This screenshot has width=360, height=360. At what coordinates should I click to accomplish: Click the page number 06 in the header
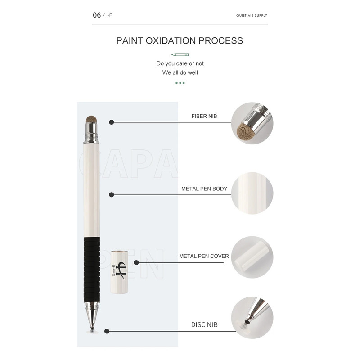click(97, 15)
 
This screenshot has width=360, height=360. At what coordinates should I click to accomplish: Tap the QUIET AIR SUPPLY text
click(252, 15)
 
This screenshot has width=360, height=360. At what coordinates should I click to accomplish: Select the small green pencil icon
click(180, 54)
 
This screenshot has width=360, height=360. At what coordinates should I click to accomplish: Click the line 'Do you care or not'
click(180, 63)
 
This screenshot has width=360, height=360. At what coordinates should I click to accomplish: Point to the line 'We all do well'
click(180, 72)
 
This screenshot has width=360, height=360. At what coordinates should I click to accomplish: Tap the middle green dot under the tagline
click(180, 83)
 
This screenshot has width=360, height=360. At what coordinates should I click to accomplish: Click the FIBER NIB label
click(204, 116)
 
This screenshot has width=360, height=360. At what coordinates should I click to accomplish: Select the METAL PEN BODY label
click(204, 189)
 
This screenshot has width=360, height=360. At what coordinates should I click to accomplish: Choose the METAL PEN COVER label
click(204, 256)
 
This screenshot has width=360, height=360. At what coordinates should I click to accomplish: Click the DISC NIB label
click(204, 324)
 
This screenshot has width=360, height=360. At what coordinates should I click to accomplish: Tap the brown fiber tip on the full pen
click(91, 119)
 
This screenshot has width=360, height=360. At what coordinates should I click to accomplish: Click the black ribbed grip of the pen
click(92, 269)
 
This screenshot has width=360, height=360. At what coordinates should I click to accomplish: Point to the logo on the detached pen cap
click(119, 270)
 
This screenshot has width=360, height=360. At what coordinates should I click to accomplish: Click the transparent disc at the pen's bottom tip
click(92, 332)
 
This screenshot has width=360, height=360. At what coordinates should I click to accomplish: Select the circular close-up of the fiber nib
click(252, 123)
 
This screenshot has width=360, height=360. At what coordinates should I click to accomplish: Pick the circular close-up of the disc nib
click(252, 318)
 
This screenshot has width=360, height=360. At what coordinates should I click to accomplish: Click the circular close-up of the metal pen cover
click(252, 257)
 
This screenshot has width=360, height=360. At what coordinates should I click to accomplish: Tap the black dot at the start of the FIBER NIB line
click(112, 122)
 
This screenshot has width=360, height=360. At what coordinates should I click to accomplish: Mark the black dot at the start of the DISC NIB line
click(107, 331)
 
